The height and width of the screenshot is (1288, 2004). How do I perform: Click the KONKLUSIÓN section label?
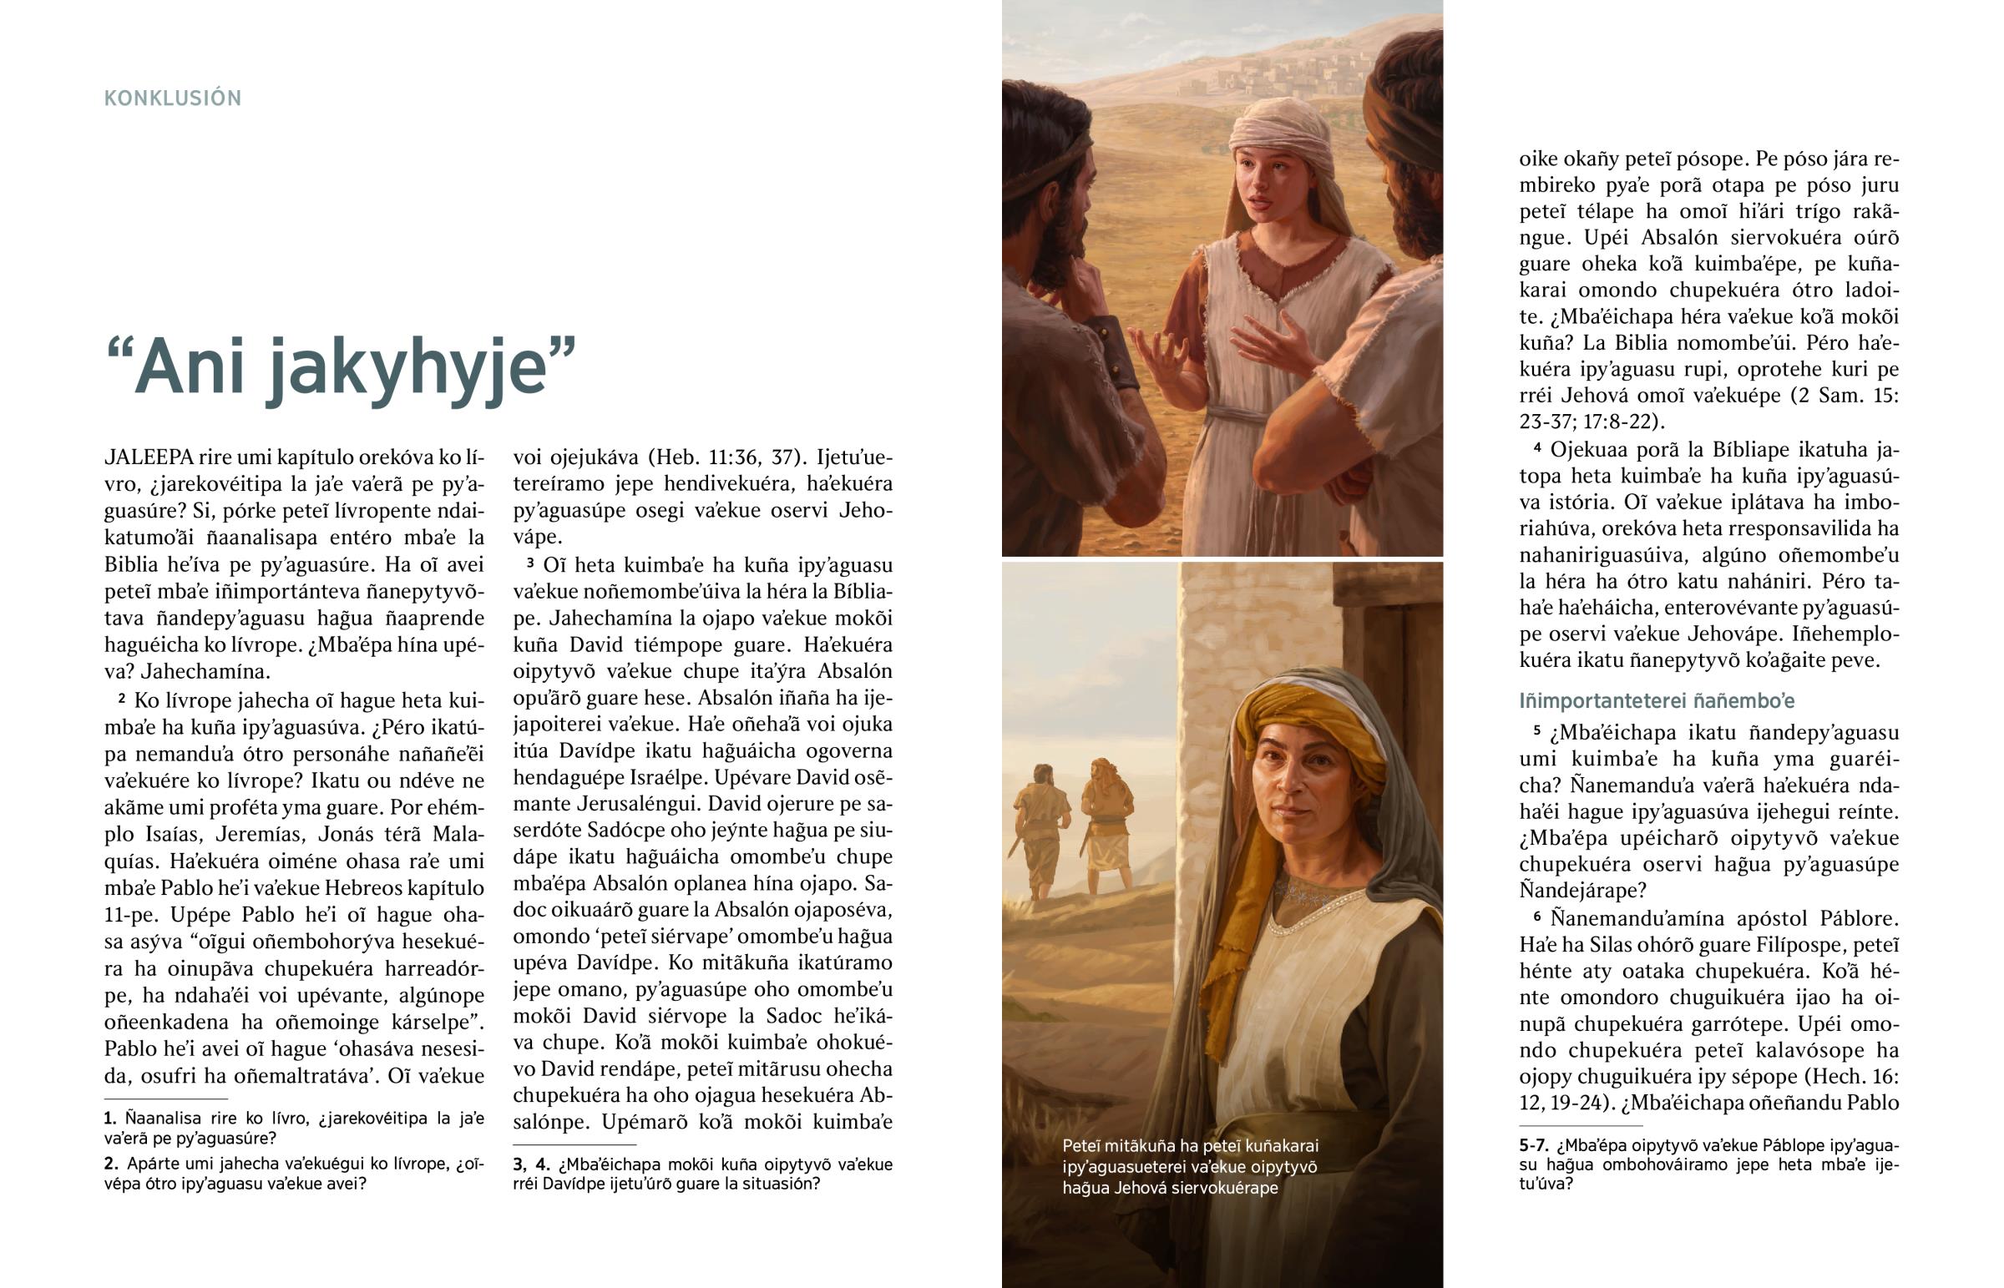click(172, 98)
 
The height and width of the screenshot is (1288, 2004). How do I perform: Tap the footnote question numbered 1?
click(109, 1119)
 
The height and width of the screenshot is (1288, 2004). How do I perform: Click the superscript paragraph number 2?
click(122, 698)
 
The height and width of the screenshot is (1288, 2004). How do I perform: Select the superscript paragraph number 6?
click(1537, 917)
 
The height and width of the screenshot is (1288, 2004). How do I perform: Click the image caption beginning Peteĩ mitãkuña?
click(1189, 1166)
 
